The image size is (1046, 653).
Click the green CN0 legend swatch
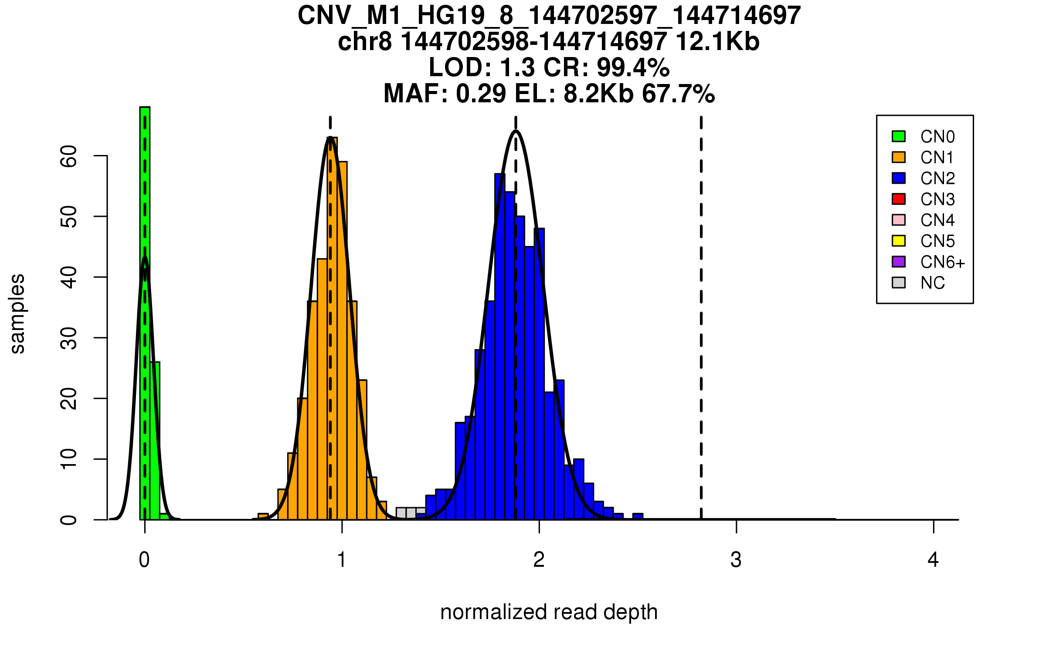click(899, 136)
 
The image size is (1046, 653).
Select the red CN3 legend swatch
click(899, 199)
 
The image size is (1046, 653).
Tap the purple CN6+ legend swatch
click(899, 262)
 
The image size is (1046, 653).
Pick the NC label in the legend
click(933, 283)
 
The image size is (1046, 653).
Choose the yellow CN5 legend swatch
click(899, 241)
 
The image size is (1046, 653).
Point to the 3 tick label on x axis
click(736, 560)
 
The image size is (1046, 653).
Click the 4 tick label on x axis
click(933, 560)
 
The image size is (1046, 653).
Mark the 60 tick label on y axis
click(69, 156)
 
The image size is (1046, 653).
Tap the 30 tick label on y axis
click(69, 338)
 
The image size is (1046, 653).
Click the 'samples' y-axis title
click(17, 313)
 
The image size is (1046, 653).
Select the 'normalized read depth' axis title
click(549, 612)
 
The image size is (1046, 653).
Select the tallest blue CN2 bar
click(500, 348)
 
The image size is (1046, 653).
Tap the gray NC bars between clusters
click(411, 513)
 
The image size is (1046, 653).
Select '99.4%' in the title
click(633, 67)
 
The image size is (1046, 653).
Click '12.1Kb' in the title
click(717, 42)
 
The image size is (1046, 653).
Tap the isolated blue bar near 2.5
click(638, 517)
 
